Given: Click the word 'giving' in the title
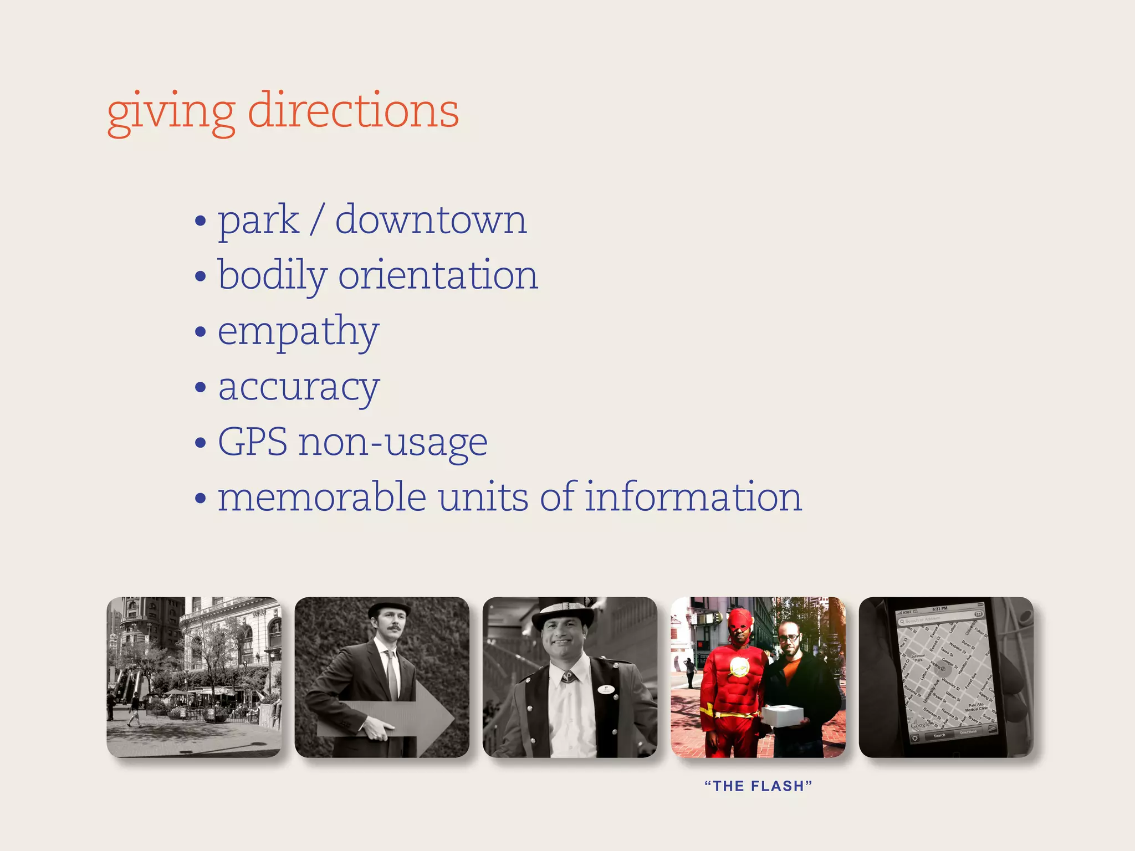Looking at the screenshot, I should [171, 113].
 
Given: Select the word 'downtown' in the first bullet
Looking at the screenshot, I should [431, 220].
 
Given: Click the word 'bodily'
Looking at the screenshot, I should [272, 275].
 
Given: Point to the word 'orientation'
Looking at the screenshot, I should [438, 275].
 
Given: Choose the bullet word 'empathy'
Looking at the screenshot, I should [298, 332].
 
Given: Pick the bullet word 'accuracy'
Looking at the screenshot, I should [299, 387].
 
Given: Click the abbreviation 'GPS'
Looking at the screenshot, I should [252, 442].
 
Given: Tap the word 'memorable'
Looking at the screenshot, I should [322, 497].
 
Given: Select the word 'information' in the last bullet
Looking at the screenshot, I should [693, 497].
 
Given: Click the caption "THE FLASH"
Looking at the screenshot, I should [758, 786].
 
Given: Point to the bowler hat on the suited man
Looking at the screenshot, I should [389, 610].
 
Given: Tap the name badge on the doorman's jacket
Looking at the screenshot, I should [606, 690].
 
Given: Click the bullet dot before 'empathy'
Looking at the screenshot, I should [201, 332].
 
